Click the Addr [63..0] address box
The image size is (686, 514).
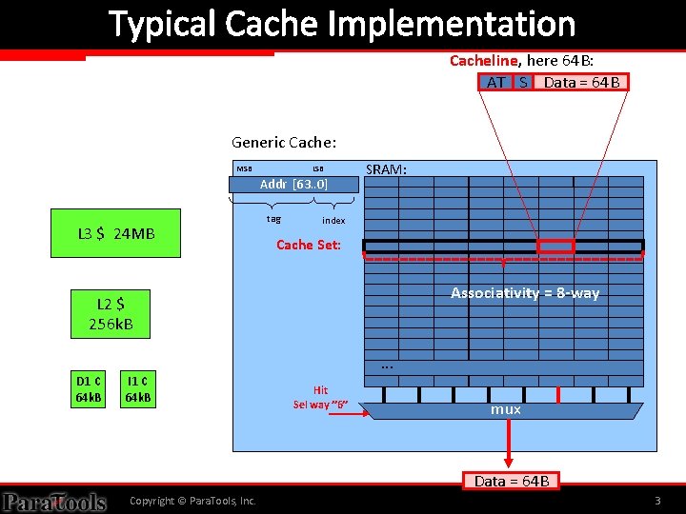tap(293, 185)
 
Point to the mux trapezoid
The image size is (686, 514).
tap(505, 410)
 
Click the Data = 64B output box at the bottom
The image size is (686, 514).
tap(512, 481)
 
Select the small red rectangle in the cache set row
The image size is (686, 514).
tap(555, 247)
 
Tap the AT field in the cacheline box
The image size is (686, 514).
tap(495, 82)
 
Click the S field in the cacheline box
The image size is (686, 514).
tap(523, 82)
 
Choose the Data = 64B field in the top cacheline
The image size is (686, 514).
tap(581, 82)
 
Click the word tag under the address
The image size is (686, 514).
tap(273, 219)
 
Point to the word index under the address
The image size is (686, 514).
tap(333, 220)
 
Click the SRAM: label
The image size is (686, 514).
tap(387, 169)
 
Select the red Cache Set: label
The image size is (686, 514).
tap(309, 245)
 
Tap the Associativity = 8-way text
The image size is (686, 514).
tap(525, 293)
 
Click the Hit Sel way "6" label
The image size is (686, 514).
tap(320, 398)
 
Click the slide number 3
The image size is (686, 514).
tap(657, 501)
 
